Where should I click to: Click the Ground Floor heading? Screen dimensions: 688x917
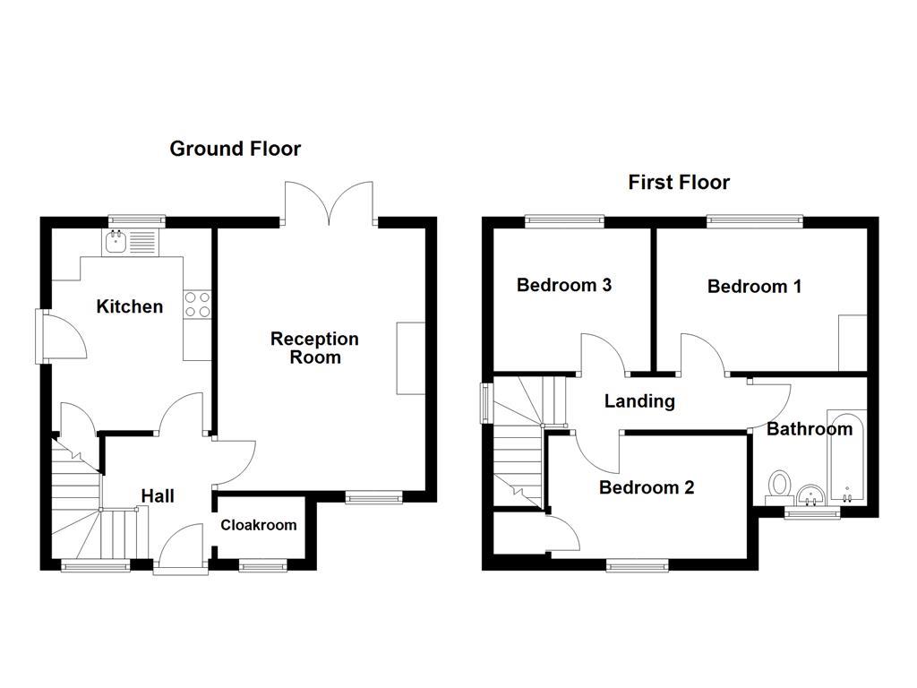(x=236, y=149)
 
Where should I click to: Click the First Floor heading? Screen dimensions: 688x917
(x=678, y=183)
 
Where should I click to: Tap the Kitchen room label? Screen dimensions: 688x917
(x=130, y=306)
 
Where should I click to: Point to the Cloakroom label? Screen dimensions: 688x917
(x=259, y=525)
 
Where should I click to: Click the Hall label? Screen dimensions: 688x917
(x=158, y=495)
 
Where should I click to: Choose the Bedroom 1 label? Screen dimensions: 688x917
(x=754, y=287)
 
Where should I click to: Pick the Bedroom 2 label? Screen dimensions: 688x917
(x=647, y=487)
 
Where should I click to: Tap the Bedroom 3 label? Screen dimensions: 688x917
(x=564, y=285)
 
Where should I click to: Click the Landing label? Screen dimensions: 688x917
(x=639, y=400)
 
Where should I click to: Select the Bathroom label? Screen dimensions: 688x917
(x=809, y=429)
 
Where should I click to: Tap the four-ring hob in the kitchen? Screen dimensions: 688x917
(x=197, y=305)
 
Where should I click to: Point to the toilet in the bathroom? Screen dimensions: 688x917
(x=777, y=486)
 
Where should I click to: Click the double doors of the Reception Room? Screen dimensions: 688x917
(x=329, y=202)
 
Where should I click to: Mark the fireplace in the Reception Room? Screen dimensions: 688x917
(x=410, y=357)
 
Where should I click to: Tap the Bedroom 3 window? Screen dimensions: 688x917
(x=564, y=220)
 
